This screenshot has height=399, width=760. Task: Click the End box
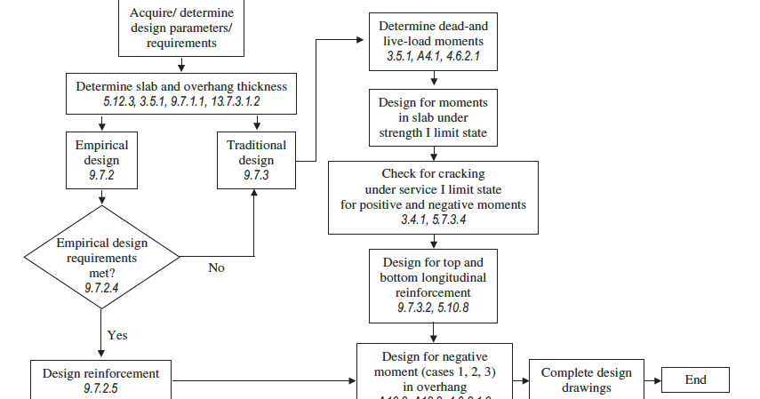pos(695,379)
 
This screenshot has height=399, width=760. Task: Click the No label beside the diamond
pos(216,267)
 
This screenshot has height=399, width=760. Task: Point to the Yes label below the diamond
pos(117,335)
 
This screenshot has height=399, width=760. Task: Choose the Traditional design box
pos(256,160)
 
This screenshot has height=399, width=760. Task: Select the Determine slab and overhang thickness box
pos(180,93)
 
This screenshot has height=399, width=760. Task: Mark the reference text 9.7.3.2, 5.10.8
pos(433,307)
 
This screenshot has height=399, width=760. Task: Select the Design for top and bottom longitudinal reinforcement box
pos(433,284)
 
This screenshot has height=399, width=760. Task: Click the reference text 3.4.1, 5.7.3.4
pos(433,219)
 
